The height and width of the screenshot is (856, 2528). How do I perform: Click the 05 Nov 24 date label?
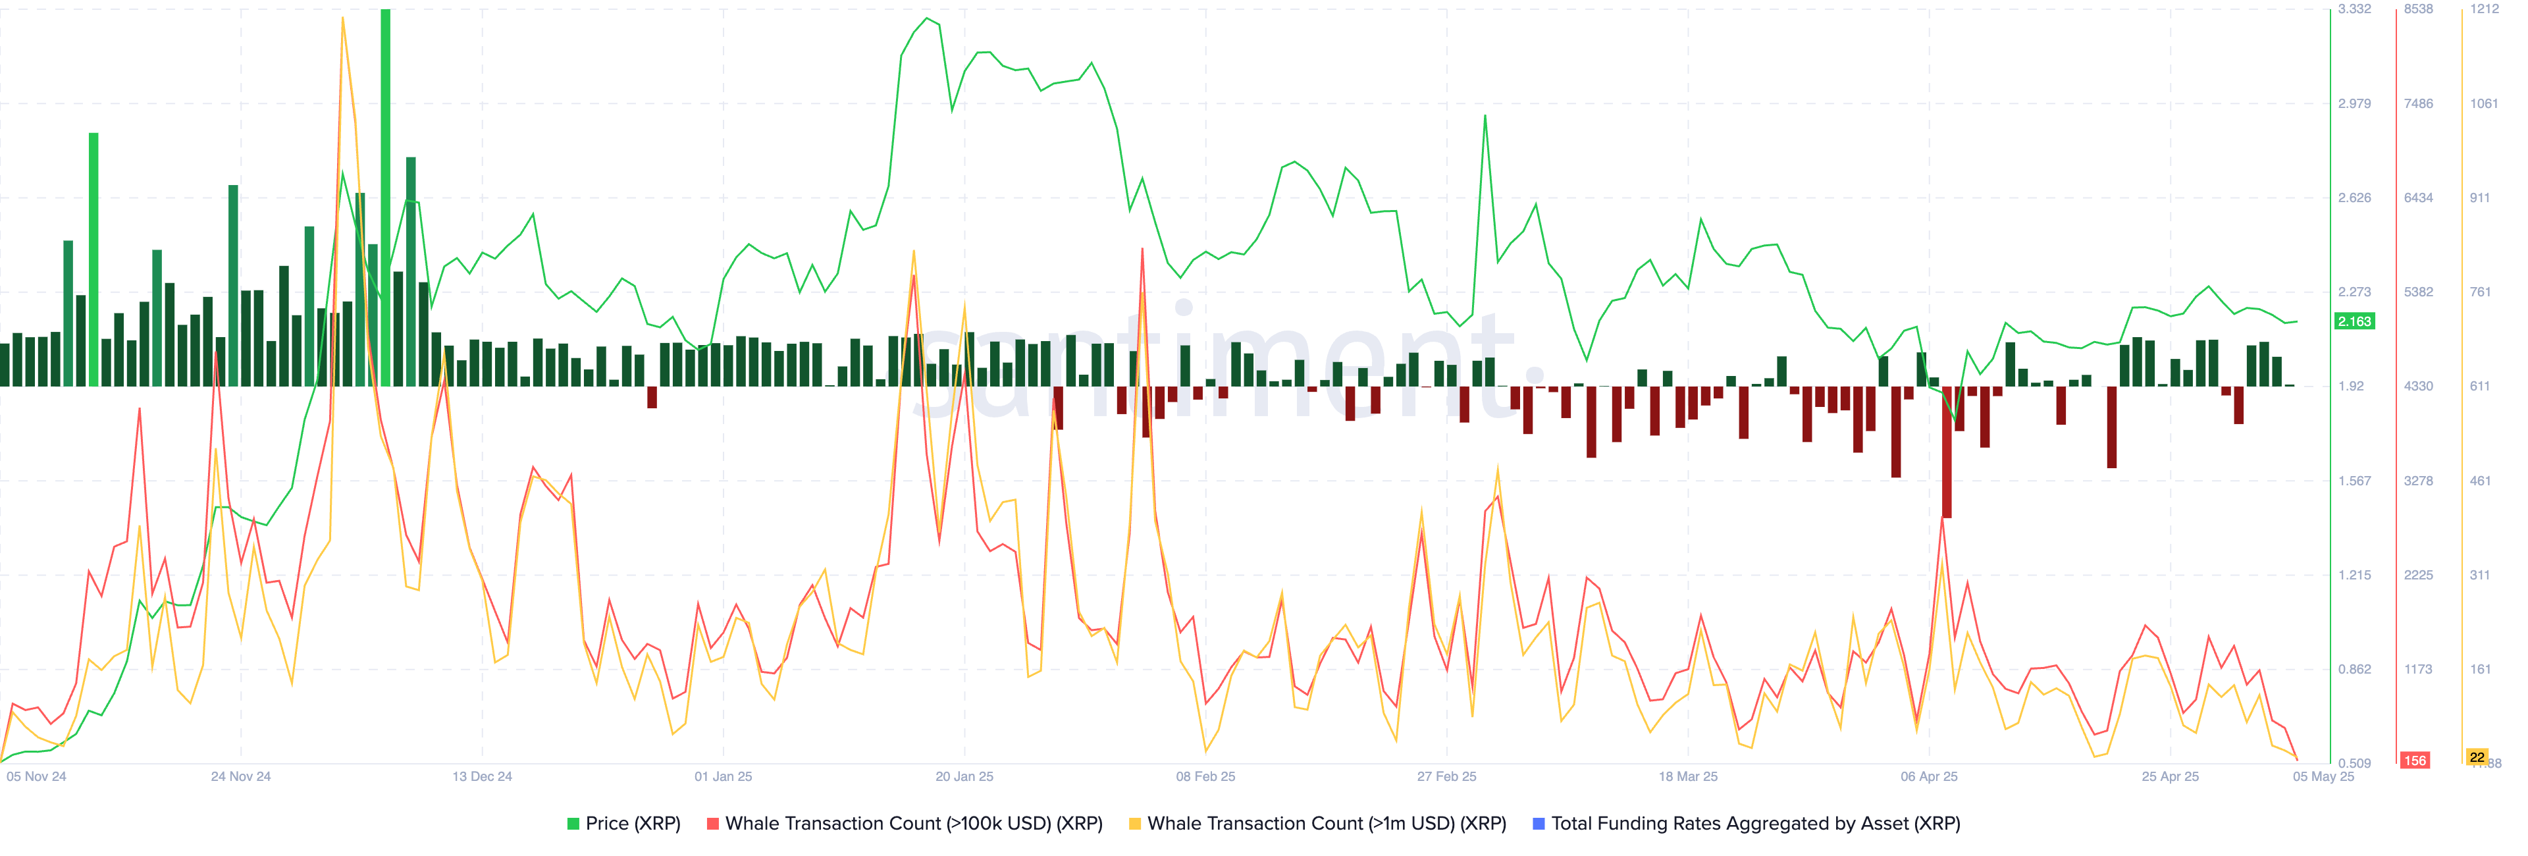pos(36,776)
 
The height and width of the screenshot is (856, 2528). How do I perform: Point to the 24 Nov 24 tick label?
pos(240,776)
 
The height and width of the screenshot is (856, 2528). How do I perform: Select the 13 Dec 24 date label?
pos(482,776)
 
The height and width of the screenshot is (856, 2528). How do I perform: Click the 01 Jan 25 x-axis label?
pos(724,776)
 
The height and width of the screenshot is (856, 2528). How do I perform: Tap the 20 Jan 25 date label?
pos(964,776)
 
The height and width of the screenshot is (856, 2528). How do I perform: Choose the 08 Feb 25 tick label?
pos(1205,776)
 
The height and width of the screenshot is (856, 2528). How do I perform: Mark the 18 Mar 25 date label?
pos(1688,776)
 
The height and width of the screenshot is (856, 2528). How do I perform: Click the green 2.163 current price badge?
pos(2354,321)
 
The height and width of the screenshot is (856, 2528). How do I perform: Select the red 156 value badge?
pos(2414,761)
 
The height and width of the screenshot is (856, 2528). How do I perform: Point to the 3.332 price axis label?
pos(2354,9)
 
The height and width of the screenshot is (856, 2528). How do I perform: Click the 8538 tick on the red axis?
pos(2418,9)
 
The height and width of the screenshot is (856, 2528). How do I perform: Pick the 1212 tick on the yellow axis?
pos(2484,9)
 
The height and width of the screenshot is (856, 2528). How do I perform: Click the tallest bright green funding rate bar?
pos(386,196)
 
